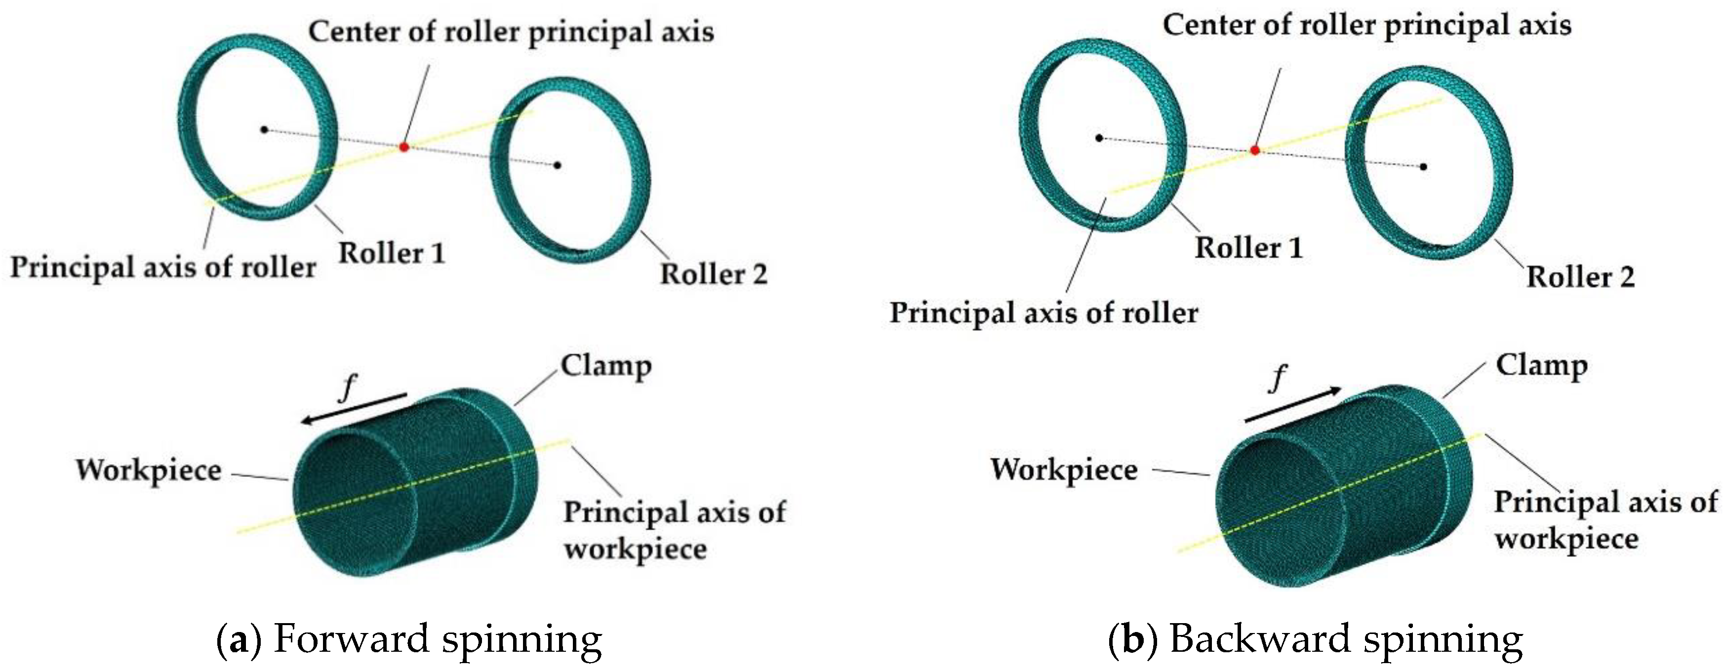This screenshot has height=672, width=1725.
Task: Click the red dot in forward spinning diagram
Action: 403,146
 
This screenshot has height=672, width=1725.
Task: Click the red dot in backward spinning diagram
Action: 1255,150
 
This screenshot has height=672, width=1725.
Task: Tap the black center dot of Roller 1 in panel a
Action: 265,129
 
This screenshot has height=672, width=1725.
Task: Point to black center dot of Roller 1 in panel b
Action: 1099,138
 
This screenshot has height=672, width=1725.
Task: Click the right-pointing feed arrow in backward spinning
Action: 1292,405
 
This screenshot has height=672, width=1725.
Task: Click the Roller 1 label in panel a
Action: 392,253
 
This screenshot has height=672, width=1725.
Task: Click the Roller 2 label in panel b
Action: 1580,277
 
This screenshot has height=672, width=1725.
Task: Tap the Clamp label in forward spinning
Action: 605,366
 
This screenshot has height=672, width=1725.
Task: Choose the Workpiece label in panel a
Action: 149,471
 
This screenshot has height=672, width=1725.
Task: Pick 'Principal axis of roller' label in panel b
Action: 1043,313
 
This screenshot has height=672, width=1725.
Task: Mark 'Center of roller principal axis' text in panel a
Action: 511,32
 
